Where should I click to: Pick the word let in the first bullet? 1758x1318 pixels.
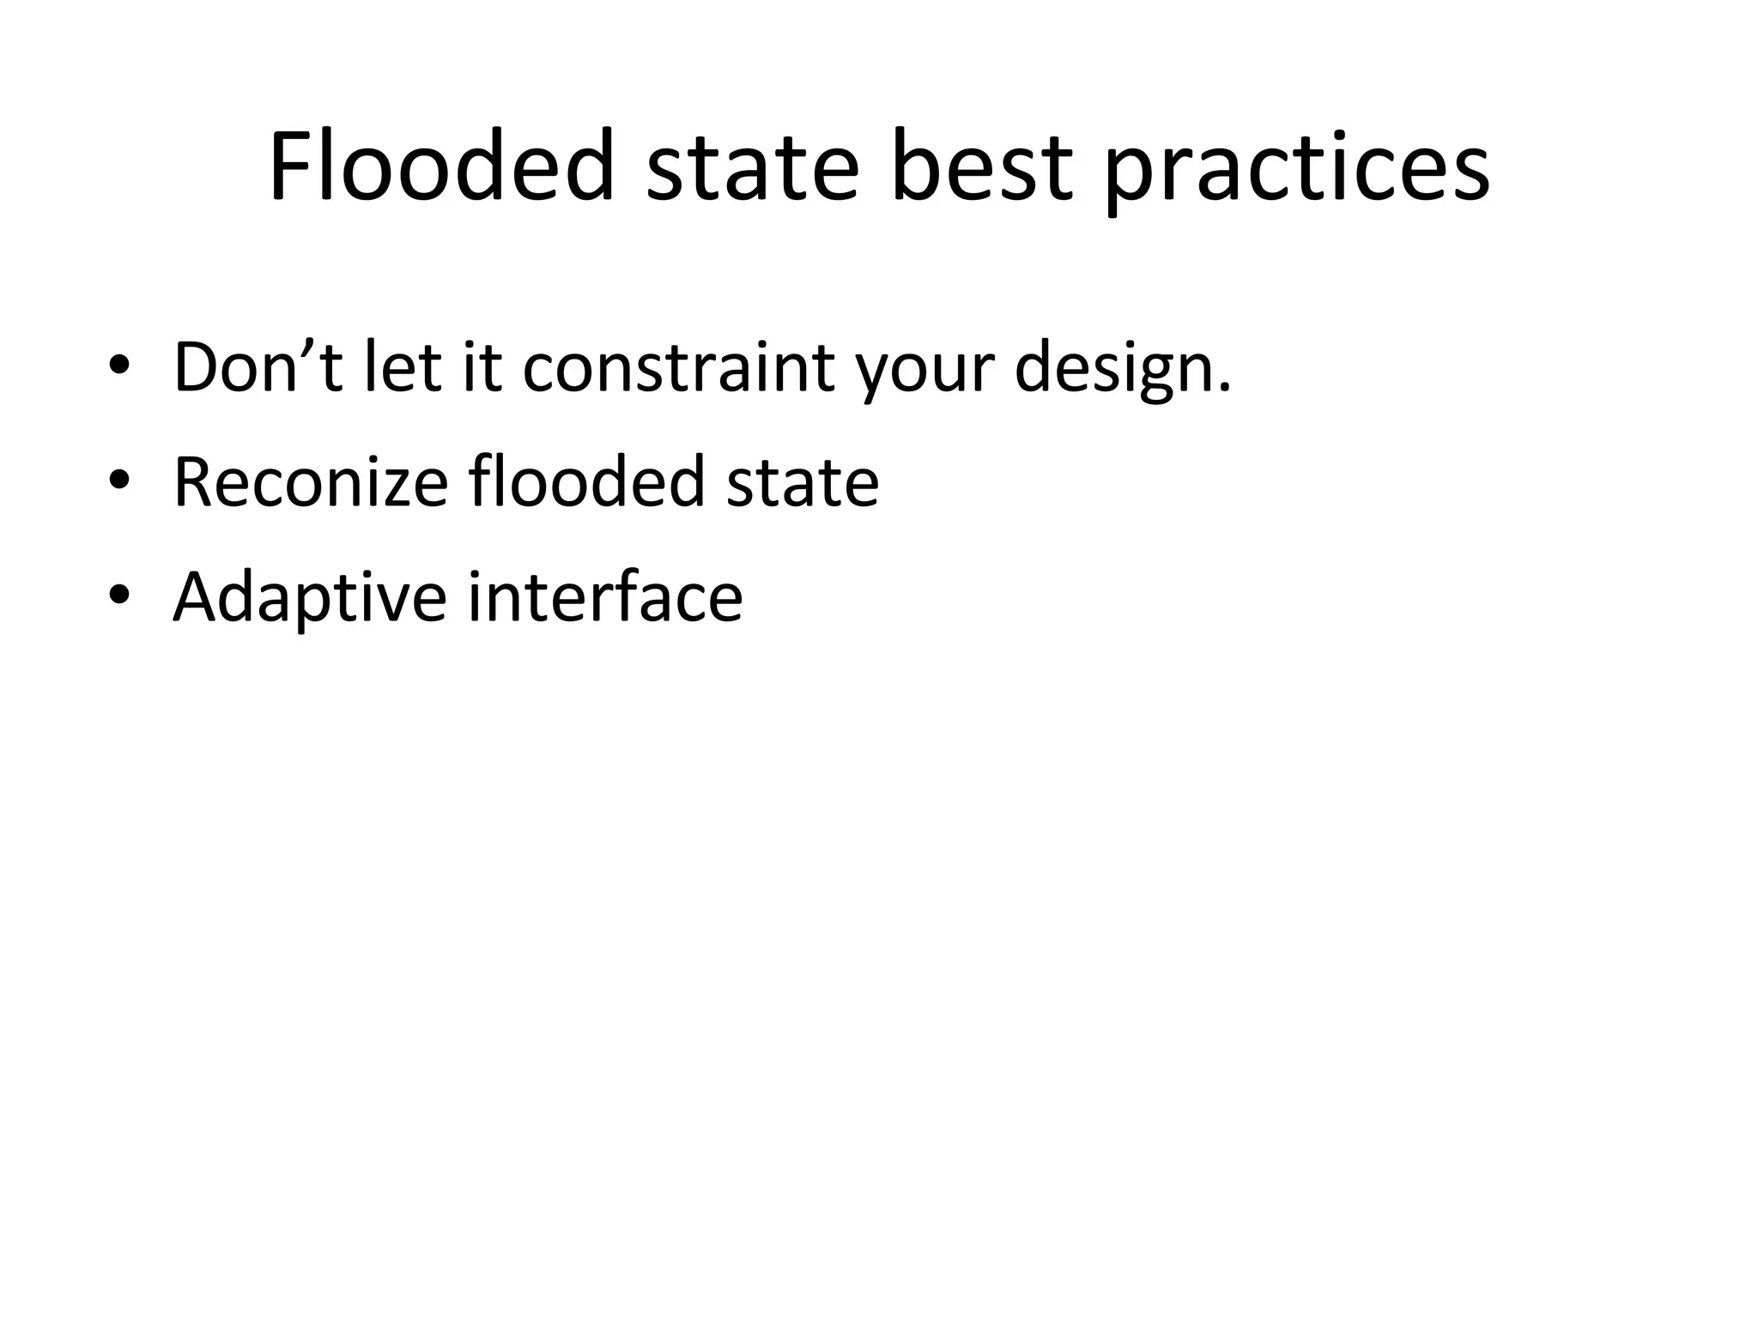(x=402, y=366)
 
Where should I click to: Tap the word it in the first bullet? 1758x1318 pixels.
(x=482, y=366)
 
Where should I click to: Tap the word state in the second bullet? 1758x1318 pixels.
(x=803, y=483)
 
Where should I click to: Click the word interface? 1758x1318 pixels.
(x=605, y=596)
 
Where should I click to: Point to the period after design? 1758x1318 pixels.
(x=1225, y=388)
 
